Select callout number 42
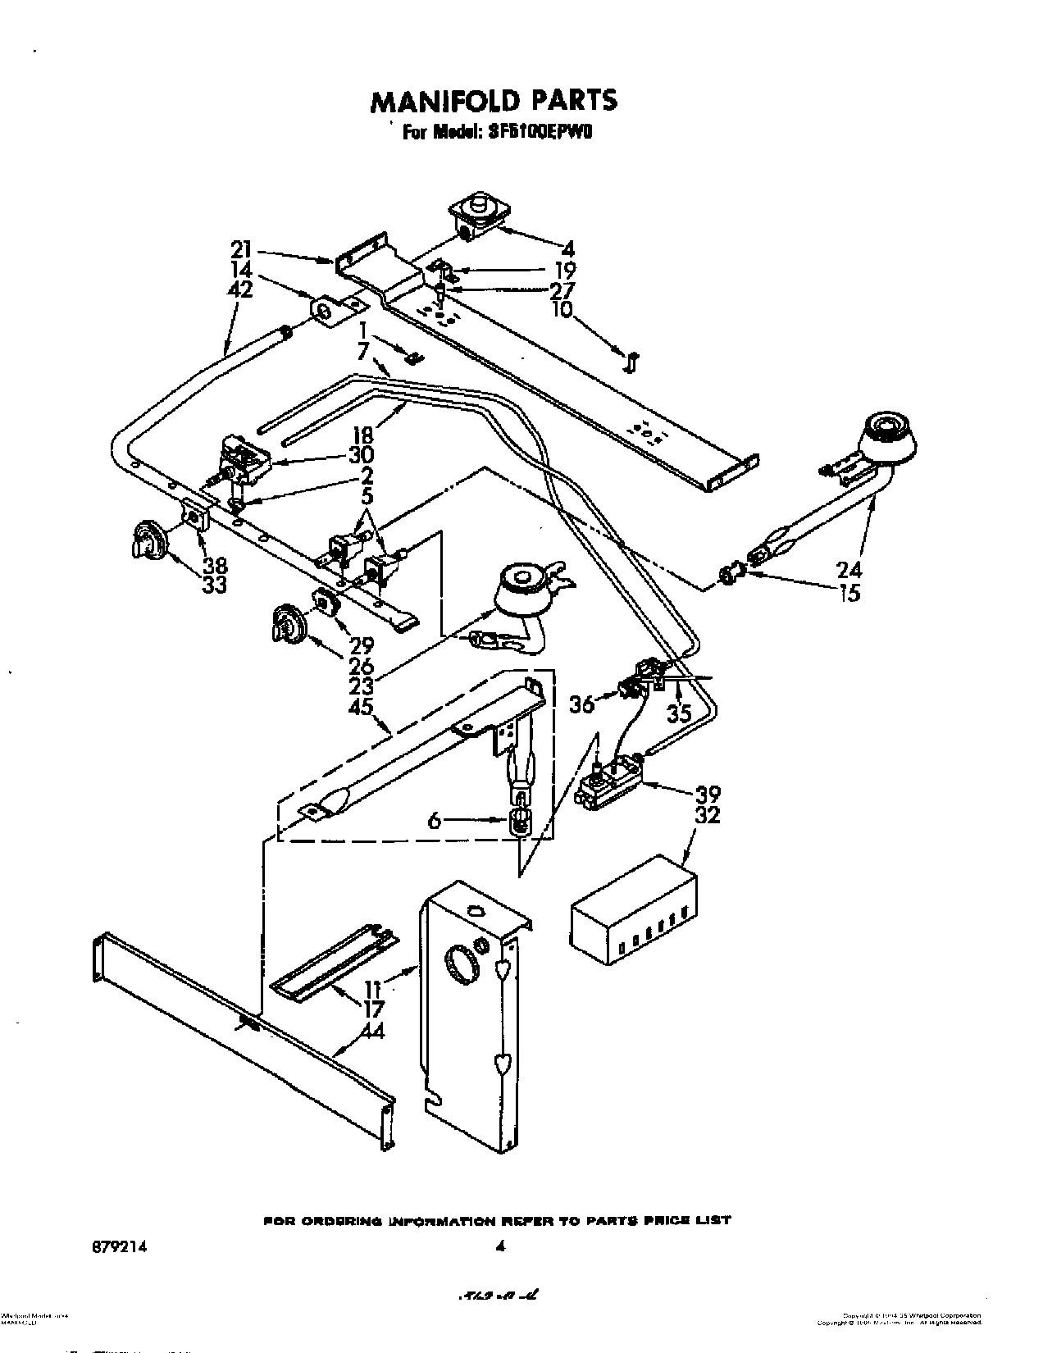tap(241, 290)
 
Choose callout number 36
tap(581, 704)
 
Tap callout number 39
tap(708, 794)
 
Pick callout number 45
tap(361, 706)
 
